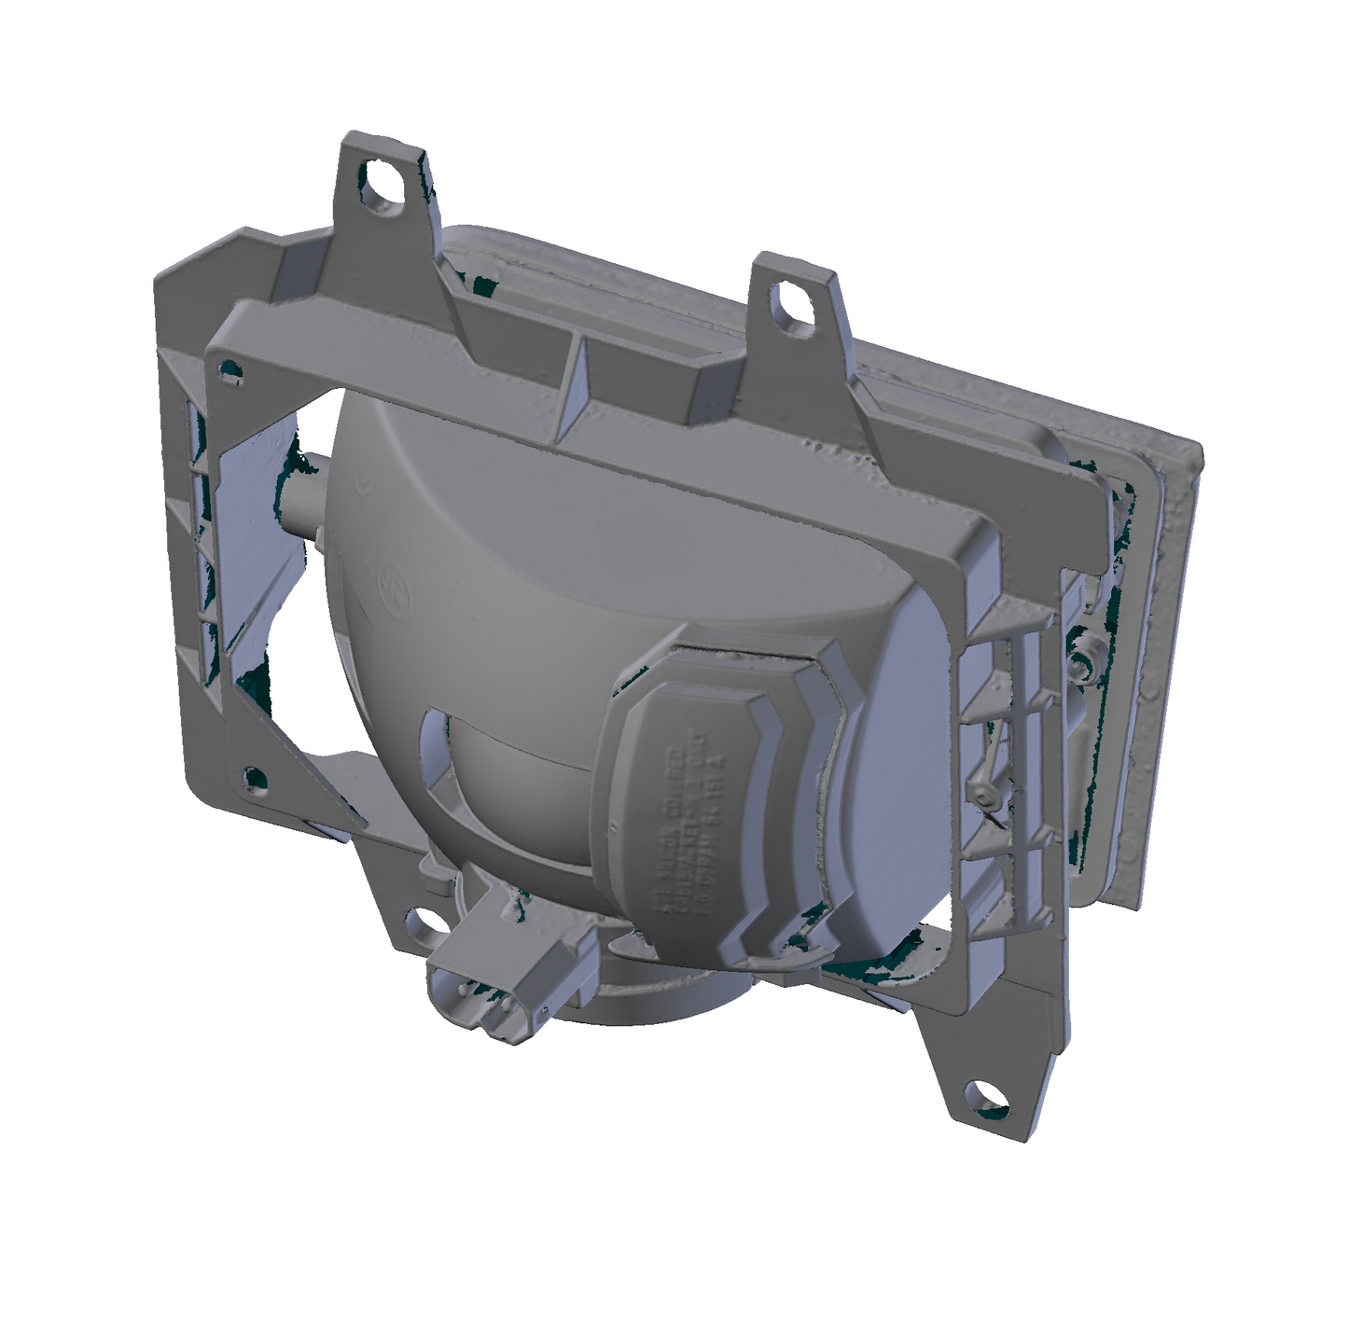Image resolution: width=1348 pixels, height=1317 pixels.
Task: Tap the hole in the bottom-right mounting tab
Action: (x=987, y=1093)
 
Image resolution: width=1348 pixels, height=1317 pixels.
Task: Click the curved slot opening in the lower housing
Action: (x=438, y=746)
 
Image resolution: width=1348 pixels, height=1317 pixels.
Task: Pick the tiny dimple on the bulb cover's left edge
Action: (x=616, y=825)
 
